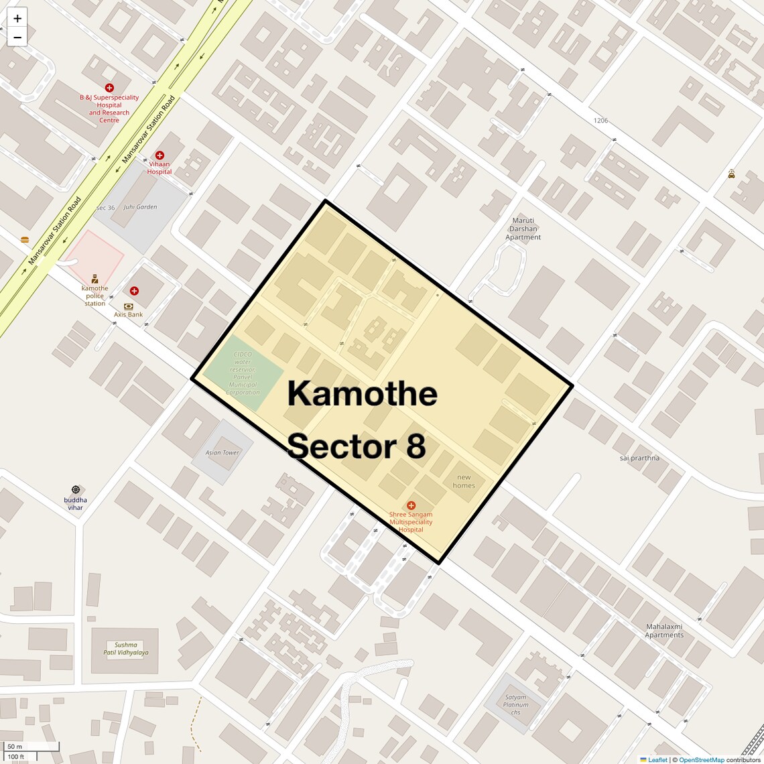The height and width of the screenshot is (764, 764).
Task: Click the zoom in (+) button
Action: click(x=17, y=18)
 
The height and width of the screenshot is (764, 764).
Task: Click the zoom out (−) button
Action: click(x=17, y=37)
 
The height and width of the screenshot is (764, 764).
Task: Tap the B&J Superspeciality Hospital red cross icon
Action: click(x=109, y=88)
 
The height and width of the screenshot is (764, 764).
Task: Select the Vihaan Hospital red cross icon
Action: click(x=160, y=155)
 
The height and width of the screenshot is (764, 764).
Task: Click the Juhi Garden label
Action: click(x=140, y=207)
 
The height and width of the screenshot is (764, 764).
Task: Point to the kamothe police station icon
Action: click(x=94, y=279)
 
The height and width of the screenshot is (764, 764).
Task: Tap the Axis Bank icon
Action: click(x=129, y=306)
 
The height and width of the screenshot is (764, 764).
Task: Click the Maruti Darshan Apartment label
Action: click(x=523, y=229)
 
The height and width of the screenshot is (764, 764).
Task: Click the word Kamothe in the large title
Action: click(x=362, y=393)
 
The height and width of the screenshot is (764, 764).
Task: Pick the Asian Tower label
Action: click(x=222, y=452)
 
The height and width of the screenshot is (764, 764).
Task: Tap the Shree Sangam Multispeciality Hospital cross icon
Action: click(x=411, y=505)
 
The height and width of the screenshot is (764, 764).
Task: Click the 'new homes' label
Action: click(x=464, y=481)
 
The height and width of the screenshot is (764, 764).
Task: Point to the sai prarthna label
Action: click(x=639, y=458)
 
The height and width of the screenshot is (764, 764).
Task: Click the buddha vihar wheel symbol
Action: click(x=75, y=490)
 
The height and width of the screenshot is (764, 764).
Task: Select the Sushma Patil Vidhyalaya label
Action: click(x=126, y=649)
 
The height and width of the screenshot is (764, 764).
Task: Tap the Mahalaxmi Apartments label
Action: click(x=664, y=631)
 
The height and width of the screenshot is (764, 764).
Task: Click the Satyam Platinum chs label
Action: click(x=515, y=704)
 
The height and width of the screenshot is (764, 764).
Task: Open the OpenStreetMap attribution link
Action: click(x=701, y=760)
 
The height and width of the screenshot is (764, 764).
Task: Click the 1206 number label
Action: click(x=600, y=121)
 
